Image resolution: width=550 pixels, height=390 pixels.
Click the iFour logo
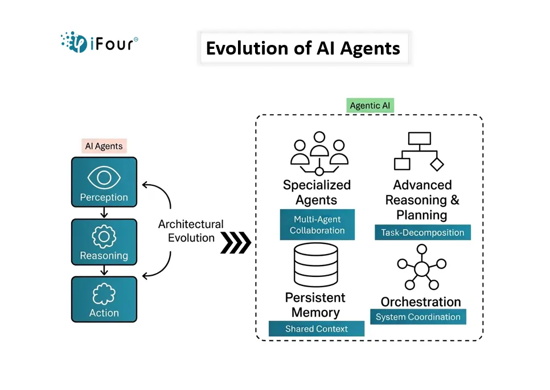point(99,42)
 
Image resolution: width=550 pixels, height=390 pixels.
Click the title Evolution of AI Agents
point(303,48)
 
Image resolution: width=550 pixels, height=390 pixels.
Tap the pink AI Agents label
point(104,146)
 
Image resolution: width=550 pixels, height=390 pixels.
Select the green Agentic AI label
point(371,106)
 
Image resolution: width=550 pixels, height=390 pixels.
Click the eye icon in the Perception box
point(104,178)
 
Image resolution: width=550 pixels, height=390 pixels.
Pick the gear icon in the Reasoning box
point(104,237)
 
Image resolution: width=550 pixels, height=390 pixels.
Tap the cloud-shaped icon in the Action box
point(104,294)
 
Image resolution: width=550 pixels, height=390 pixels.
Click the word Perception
point(104,197)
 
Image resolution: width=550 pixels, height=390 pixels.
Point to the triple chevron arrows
point(235,243)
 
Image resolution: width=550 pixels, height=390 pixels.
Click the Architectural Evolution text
point(191,231)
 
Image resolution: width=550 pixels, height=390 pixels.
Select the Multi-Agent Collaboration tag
point(317,225)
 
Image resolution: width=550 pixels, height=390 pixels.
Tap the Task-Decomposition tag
point(422,233)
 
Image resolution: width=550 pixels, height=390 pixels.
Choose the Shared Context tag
point(317,329)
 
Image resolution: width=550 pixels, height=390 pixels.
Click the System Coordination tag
point(418,317)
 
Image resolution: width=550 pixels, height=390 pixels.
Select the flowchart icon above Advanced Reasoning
point(419,152)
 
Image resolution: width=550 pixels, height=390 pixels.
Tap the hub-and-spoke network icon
point(421,268)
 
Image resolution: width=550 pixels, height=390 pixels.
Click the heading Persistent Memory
point(315,305)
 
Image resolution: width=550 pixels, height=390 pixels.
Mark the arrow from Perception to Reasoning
point(104,213)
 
